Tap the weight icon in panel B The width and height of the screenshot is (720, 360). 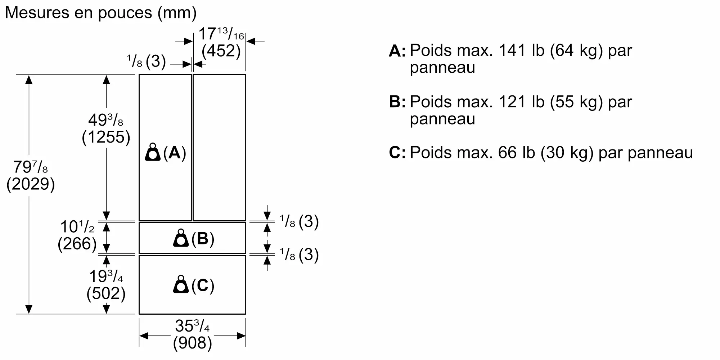click(x=181, y=238)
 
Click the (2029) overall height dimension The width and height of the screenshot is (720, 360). click(x=31, y=184)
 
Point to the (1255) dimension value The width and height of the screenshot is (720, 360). click(x=106, y=137)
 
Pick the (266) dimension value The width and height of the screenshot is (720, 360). click(x=77, y=244)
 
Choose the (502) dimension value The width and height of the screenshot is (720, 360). click(x=106, y=293)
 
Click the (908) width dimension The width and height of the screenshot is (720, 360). click(x=193, y=343)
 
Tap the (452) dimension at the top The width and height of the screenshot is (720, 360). click(x=221, y=50)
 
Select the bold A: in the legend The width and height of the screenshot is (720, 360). click(x=397, y=51)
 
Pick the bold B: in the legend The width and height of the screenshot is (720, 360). click(x=397, y=102)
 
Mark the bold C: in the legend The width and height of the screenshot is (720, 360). click(x=397, y=153)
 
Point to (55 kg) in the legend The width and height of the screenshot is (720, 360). click(x=576, y=102)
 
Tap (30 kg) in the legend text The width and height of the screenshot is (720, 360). click(x=567, y=153)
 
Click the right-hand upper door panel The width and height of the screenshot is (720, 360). click(x=219, y=147)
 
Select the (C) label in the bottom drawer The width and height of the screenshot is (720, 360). click(x=203, y=285)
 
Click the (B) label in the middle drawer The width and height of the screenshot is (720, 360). click(x=203, y=238)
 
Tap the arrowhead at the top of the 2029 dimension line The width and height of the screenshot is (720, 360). click(x=29, y=79)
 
